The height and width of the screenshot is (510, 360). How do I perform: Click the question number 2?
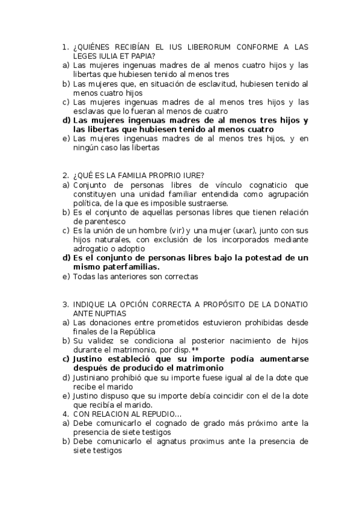(65, 176)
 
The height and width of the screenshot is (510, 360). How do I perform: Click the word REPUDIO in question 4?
(158, 414)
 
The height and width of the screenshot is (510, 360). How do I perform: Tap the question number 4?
(65, 414)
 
